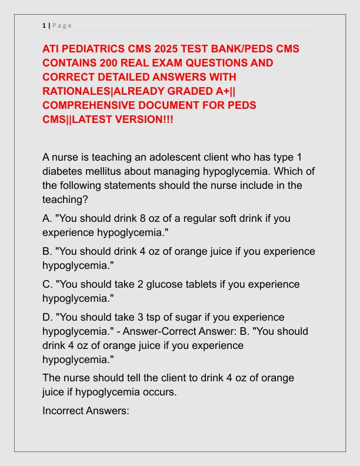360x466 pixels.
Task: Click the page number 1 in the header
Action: point(44,25)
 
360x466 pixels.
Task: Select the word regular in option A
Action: point(189,218)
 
